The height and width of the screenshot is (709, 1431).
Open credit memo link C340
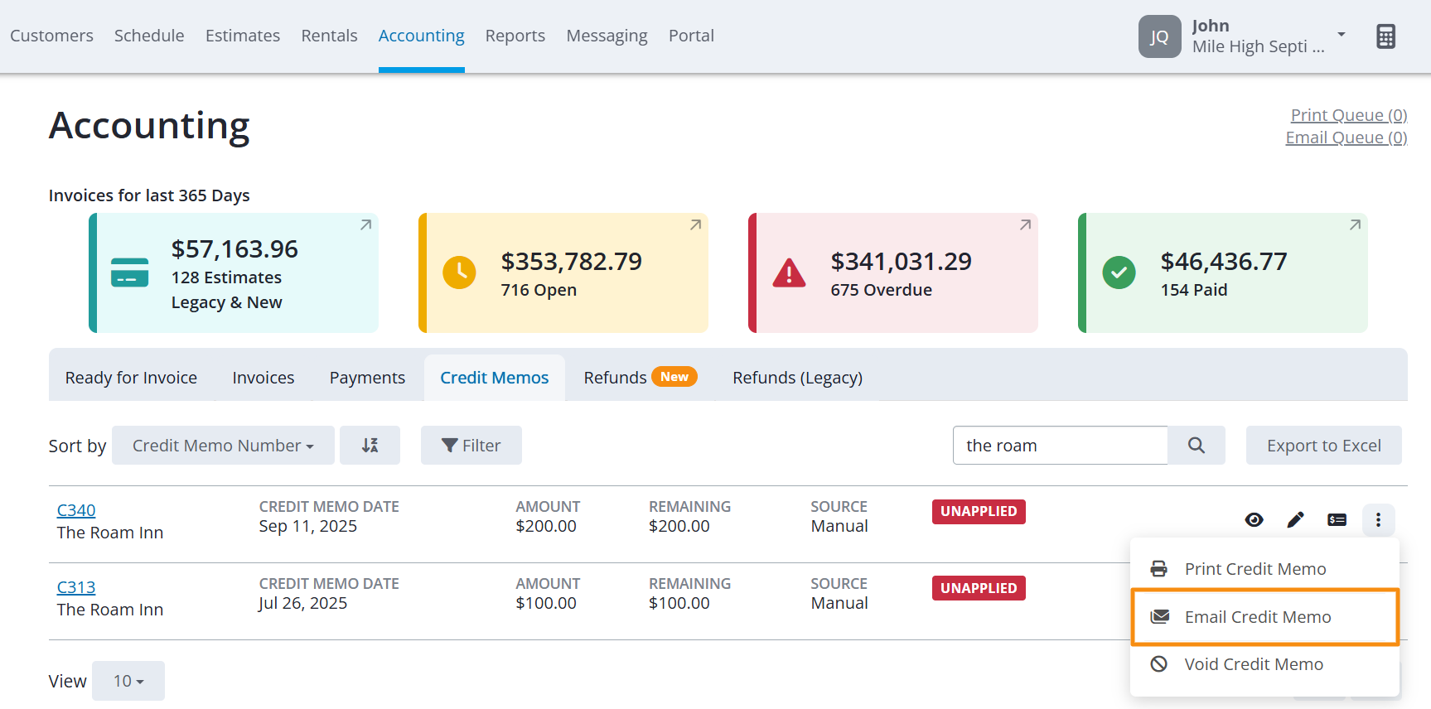[x=76, y=510]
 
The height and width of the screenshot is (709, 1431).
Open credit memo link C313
[x=76, y=587]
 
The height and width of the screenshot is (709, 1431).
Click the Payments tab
[x=367, y=378]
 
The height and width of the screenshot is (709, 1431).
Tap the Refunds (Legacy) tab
[x=797, y=378]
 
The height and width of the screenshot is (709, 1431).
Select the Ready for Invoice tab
[x=132, y=378]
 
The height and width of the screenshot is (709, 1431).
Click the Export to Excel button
[x=1324, y=446]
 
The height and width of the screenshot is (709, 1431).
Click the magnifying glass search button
[x=1197, y=446]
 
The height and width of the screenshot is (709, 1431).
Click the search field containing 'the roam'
[x=1060, y=446]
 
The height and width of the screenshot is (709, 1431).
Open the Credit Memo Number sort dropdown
[x=223, y=446]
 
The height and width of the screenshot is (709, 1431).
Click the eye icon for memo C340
[x=1254, y=519]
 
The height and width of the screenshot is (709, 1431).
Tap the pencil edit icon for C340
[x=1295, y=519]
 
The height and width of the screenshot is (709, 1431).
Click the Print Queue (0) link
[x=1349, y=115]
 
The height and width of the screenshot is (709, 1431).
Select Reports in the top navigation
[x=515, y=36]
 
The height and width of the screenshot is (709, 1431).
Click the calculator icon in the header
[x=1386, y=36]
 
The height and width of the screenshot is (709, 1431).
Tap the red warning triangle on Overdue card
[x=789, y=273]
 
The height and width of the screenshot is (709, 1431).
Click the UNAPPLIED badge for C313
[x=979, y=588]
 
